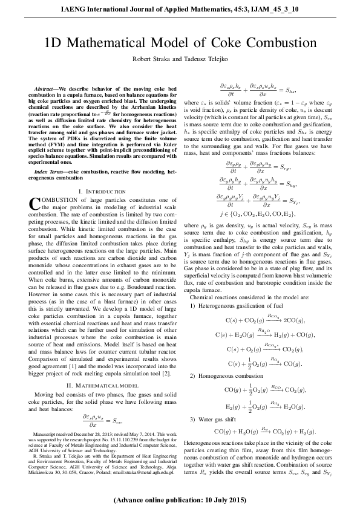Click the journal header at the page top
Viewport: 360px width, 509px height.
pyautogui.click(x=180, y=10)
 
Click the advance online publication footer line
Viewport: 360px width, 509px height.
pyautogui.click(x=180, y=500)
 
